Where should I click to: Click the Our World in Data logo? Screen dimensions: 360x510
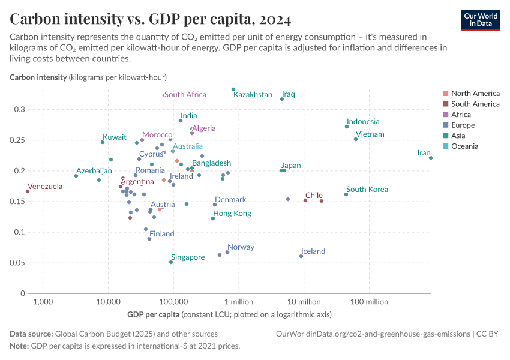pos(481,20)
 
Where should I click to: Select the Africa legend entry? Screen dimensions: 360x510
pos(461,115)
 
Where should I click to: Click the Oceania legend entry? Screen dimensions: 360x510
pos(465,146)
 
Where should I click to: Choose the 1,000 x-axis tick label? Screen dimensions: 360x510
pos(43,301)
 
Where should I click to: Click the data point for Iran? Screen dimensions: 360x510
pos(431,158)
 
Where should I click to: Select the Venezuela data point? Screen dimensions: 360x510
pos(28,191)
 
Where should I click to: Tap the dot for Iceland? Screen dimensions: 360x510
pos(301,256)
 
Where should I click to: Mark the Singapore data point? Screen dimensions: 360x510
pos(171,262)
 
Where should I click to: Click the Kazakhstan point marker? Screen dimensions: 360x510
pos(233,89)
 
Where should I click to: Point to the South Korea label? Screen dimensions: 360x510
pos(367,190)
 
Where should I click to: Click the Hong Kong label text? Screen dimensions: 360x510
pos(232,214)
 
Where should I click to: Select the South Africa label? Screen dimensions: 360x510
pos(185,95)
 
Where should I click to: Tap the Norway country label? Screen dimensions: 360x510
pos(241,247)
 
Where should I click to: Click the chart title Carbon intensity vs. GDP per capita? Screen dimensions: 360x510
pos(130,19)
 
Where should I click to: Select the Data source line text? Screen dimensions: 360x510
pos(113,334)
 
